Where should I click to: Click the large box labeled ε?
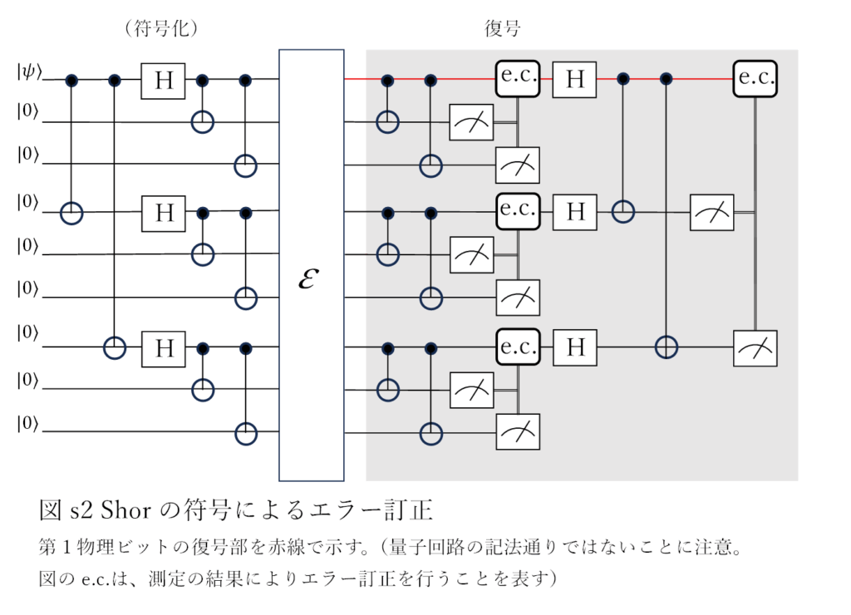(x=311, y=265)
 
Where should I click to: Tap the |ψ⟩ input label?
(x=27, y=73)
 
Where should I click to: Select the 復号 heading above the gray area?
(x=501, y=29)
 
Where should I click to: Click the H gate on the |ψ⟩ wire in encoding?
(x=165, y=81)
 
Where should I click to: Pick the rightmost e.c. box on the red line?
(x=755, y=80)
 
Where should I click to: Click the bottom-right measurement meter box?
(x=755, y=347)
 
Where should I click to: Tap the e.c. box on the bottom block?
(x=519, y=347)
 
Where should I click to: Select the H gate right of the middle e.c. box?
(x=575, y=213)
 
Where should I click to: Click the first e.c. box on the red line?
(x=519, y=80)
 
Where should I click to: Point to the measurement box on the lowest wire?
(x=519, y=432)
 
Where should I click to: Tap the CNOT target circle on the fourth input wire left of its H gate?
(x=72, y=214)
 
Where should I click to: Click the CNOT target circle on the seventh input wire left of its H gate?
(x=115, y=346)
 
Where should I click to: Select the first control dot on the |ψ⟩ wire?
(x=72, y=80)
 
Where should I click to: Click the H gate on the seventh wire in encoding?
(x=165, y=346)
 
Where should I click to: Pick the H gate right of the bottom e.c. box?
(x=575, y=347)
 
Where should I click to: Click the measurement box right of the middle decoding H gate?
(x=711, y=214)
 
